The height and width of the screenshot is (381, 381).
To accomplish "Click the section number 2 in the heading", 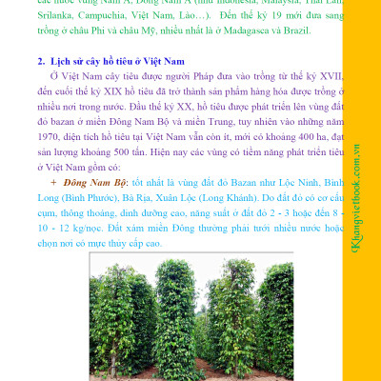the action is (x=42, y=60).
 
